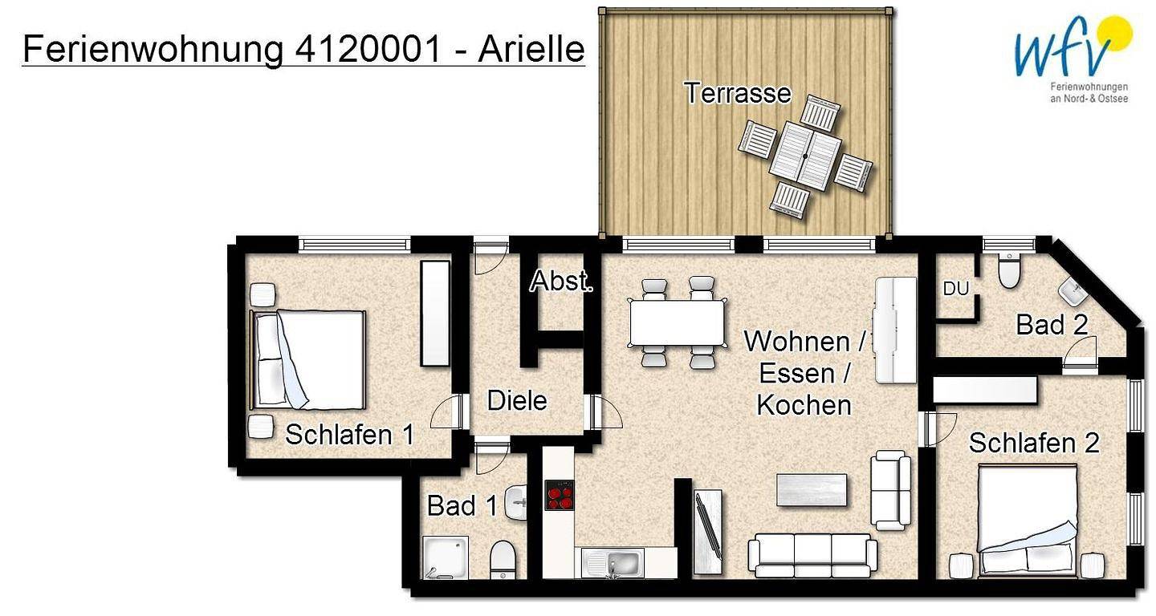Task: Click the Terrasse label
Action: tap(738, 93)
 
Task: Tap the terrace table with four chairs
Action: tap(805, 155)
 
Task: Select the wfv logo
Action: tap(1072, 56)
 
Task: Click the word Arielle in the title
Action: tap(531, 50)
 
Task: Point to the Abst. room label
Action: tap(561, 282)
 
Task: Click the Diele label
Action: tap(517, 400)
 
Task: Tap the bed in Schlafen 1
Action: tap(309, 359)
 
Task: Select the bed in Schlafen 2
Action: tap(1026, 521)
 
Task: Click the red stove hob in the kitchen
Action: tap(560, 495)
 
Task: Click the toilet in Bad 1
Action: tap(503, 558)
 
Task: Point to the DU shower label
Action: tap(955, 289)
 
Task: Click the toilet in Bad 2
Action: tap(1009, 270)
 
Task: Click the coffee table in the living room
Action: tap(812, 490)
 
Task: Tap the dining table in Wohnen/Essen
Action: tap(678, 322)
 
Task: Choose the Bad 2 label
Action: tap(1052, 325)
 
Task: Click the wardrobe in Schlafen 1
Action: tap(435, 313)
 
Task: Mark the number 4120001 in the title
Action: tap(368, 50)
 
